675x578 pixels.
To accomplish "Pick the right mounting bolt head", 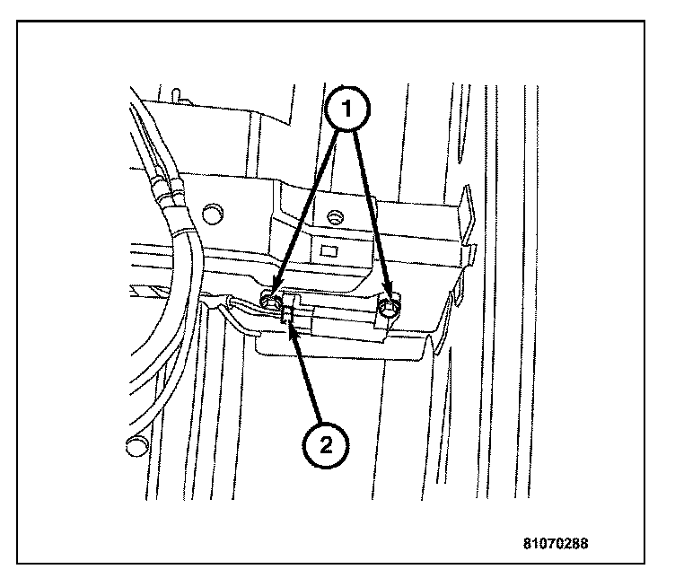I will click(x=389, y=307).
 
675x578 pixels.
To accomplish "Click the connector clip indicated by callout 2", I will click(x=288, y=313).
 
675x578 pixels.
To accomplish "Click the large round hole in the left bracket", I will click(x=212, y=215).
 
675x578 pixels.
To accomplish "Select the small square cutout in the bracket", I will click(x=329, y=250).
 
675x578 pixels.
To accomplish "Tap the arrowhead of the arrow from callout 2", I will click(x=292, y=331).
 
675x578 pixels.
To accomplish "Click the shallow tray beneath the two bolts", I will click(x=341, y=345).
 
